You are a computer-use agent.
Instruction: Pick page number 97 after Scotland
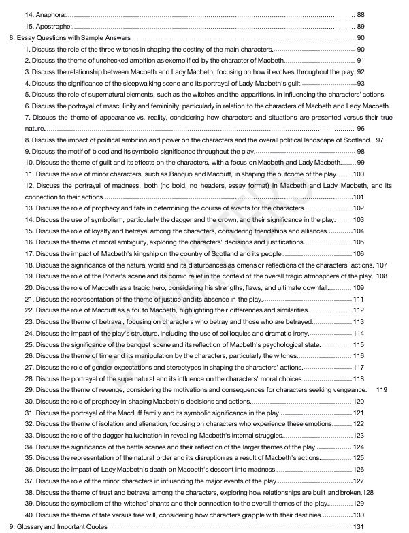[380, 140]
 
